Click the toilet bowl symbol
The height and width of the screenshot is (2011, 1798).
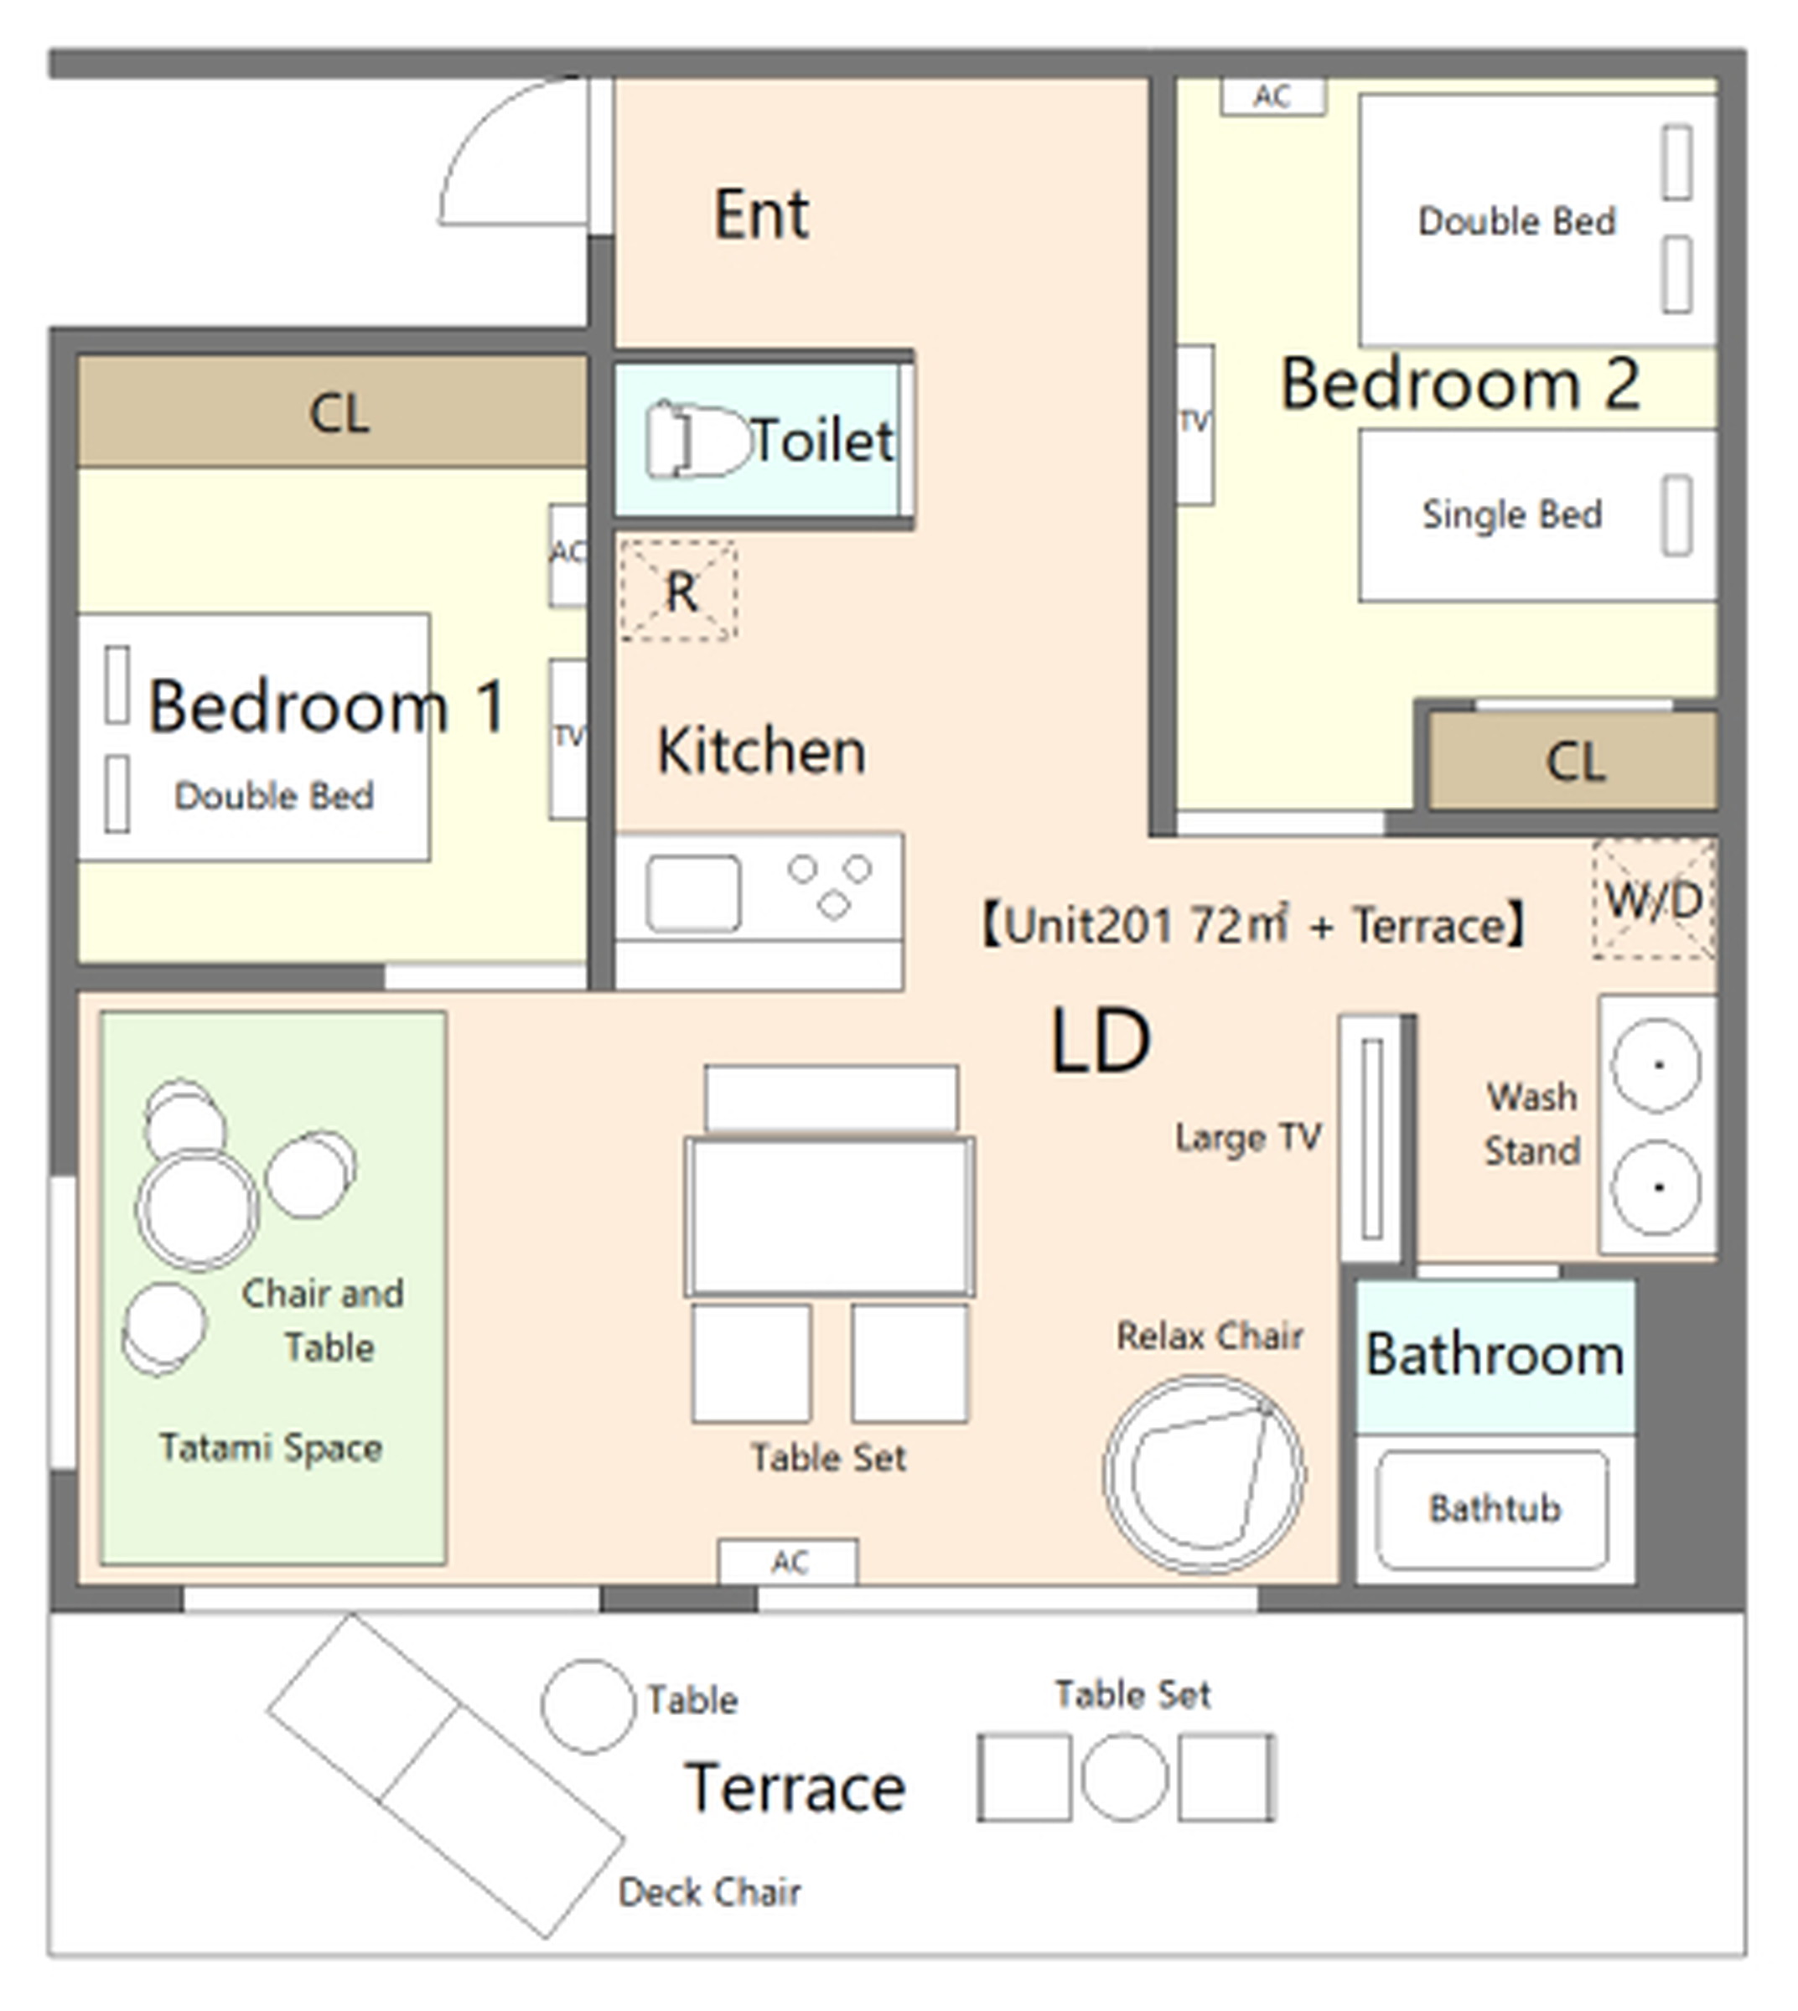(697, 441)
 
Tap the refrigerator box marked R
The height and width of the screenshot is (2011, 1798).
(679, 591)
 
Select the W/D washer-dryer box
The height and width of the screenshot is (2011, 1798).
(1654, 899)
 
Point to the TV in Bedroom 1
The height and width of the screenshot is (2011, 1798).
(568, 739)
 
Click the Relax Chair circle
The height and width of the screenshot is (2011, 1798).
(1205, 1474)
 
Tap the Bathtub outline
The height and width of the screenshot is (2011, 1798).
(1492, 1509)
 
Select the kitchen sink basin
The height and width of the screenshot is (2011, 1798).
(692, 893)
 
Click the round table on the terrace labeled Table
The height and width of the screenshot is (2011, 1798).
(588, 1706)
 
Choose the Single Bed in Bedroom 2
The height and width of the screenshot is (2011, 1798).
(1537, 514)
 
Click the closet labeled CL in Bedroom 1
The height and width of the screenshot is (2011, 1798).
(333, 412)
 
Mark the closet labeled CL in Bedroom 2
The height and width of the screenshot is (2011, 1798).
(1573, 762)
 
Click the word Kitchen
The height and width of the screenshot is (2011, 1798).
(761, 751)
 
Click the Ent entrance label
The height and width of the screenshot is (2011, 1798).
(761, 214)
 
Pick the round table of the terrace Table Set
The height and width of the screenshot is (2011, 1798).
(1124, 1777)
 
